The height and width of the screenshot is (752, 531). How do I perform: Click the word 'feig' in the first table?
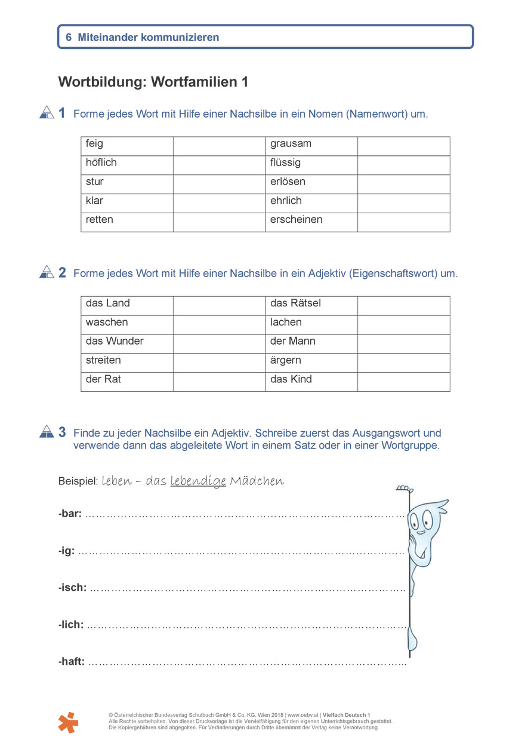pyautogui.click(x=94, y=144)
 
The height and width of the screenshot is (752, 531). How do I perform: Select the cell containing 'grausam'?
pyautogui.click(x=291, y=144)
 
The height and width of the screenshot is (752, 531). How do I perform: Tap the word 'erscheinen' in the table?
pyautogui.click(x=296, y=220)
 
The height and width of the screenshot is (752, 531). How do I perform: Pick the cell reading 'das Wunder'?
pyautogui.click(x=115, y=342)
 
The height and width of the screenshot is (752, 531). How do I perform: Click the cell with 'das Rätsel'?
pyautogui.click(x=295, y=303)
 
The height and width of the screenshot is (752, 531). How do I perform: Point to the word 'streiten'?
pyautogui.click(x=103, y=361)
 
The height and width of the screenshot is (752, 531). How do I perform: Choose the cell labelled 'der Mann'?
pyautogui.click(x=292, y=342)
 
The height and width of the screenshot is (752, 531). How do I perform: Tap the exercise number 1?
pyautogui.click(x=62, y=113)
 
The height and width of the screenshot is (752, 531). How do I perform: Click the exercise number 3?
pyautogui.click(x=62, y=432)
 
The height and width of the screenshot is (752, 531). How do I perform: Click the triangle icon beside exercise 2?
pyautogui.click(x=47, y=272)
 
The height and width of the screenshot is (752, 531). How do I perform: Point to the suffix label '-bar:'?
pyautogui.click(x=70, y=514)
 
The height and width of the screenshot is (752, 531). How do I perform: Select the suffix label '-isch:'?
pyautogui.click(x=72, y=588)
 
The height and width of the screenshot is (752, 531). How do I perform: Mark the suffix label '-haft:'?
pyautogui.click(x=72, y=662)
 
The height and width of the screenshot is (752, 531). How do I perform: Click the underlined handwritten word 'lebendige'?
pyautogui.click(x=198, y=481)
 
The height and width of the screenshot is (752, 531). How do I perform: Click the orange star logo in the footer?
pyautogui.click(x=68, y=722)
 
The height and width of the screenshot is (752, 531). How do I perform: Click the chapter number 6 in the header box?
pyautogui.click(x=69, y=38)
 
